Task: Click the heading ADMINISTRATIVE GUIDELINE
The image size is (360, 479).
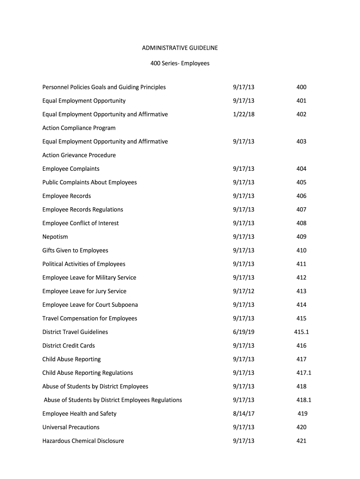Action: pos(180,48)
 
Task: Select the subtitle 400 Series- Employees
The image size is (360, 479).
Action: pos(180,63)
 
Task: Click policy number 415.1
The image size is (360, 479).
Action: pos(301,332)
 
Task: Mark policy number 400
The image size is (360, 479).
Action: pos(301,87)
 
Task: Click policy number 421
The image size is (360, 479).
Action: pos(301,441)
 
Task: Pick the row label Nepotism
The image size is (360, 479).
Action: pos(55,237)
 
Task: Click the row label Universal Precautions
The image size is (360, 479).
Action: pos(71,427)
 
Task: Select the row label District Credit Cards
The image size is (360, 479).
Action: pos(68,346)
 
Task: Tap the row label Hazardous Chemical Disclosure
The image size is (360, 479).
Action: pos(83,441)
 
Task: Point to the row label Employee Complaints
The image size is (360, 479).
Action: pos(71,169)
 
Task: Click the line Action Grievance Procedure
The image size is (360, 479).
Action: pos(79,155)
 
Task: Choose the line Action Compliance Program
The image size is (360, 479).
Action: pos(79,128)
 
